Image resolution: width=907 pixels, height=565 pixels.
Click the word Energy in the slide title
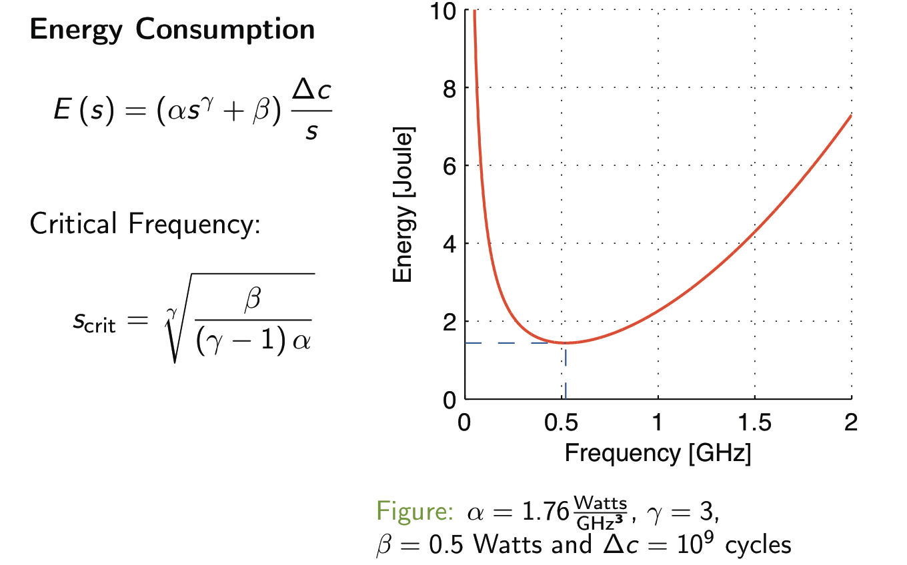coord(76,31)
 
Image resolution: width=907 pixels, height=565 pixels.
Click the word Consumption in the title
coord(225,31)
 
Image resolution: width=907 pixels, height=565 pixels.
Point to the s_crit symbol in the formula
coord(94,323)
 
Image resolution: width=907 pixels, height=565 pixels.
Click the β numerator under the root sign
coord(253,299)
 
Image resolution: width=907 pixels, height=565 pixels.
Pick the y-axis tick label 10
coord(443,11)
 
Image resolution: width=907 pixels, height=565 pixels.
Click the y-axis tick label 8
coord(450,88)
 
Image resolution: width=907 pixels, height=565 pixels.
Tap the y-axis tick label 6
coord(450,166)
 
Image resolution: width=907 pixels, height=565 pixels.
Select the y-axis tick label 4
coord(450,244)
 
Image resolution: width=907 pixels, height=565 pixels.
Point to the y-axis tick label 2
coord(450,322)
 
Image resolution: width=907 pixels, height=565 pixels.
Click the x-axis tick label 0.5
coord(561,422)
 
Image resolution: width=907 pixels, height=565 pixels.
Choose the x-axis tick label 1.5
coord(754,422)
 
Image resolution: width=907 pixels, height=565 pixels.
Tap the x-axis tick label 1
coord(658,422)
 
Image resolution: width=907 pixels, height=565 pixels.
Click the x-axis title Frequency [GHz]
coord(658,453)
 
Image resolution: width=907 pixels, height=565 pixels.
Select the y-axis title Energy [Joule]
coord(403,205)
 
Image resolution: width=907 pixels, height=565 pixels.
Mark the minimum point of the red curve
coord(566,343)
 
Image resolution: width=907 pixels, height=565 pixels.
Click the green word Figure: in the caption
coord(415,511)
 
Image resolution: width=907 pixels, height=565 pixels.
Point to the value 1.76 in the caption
coord(546,511)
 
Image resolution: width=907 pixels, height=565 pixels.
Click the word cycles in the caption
coord(758,545)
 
